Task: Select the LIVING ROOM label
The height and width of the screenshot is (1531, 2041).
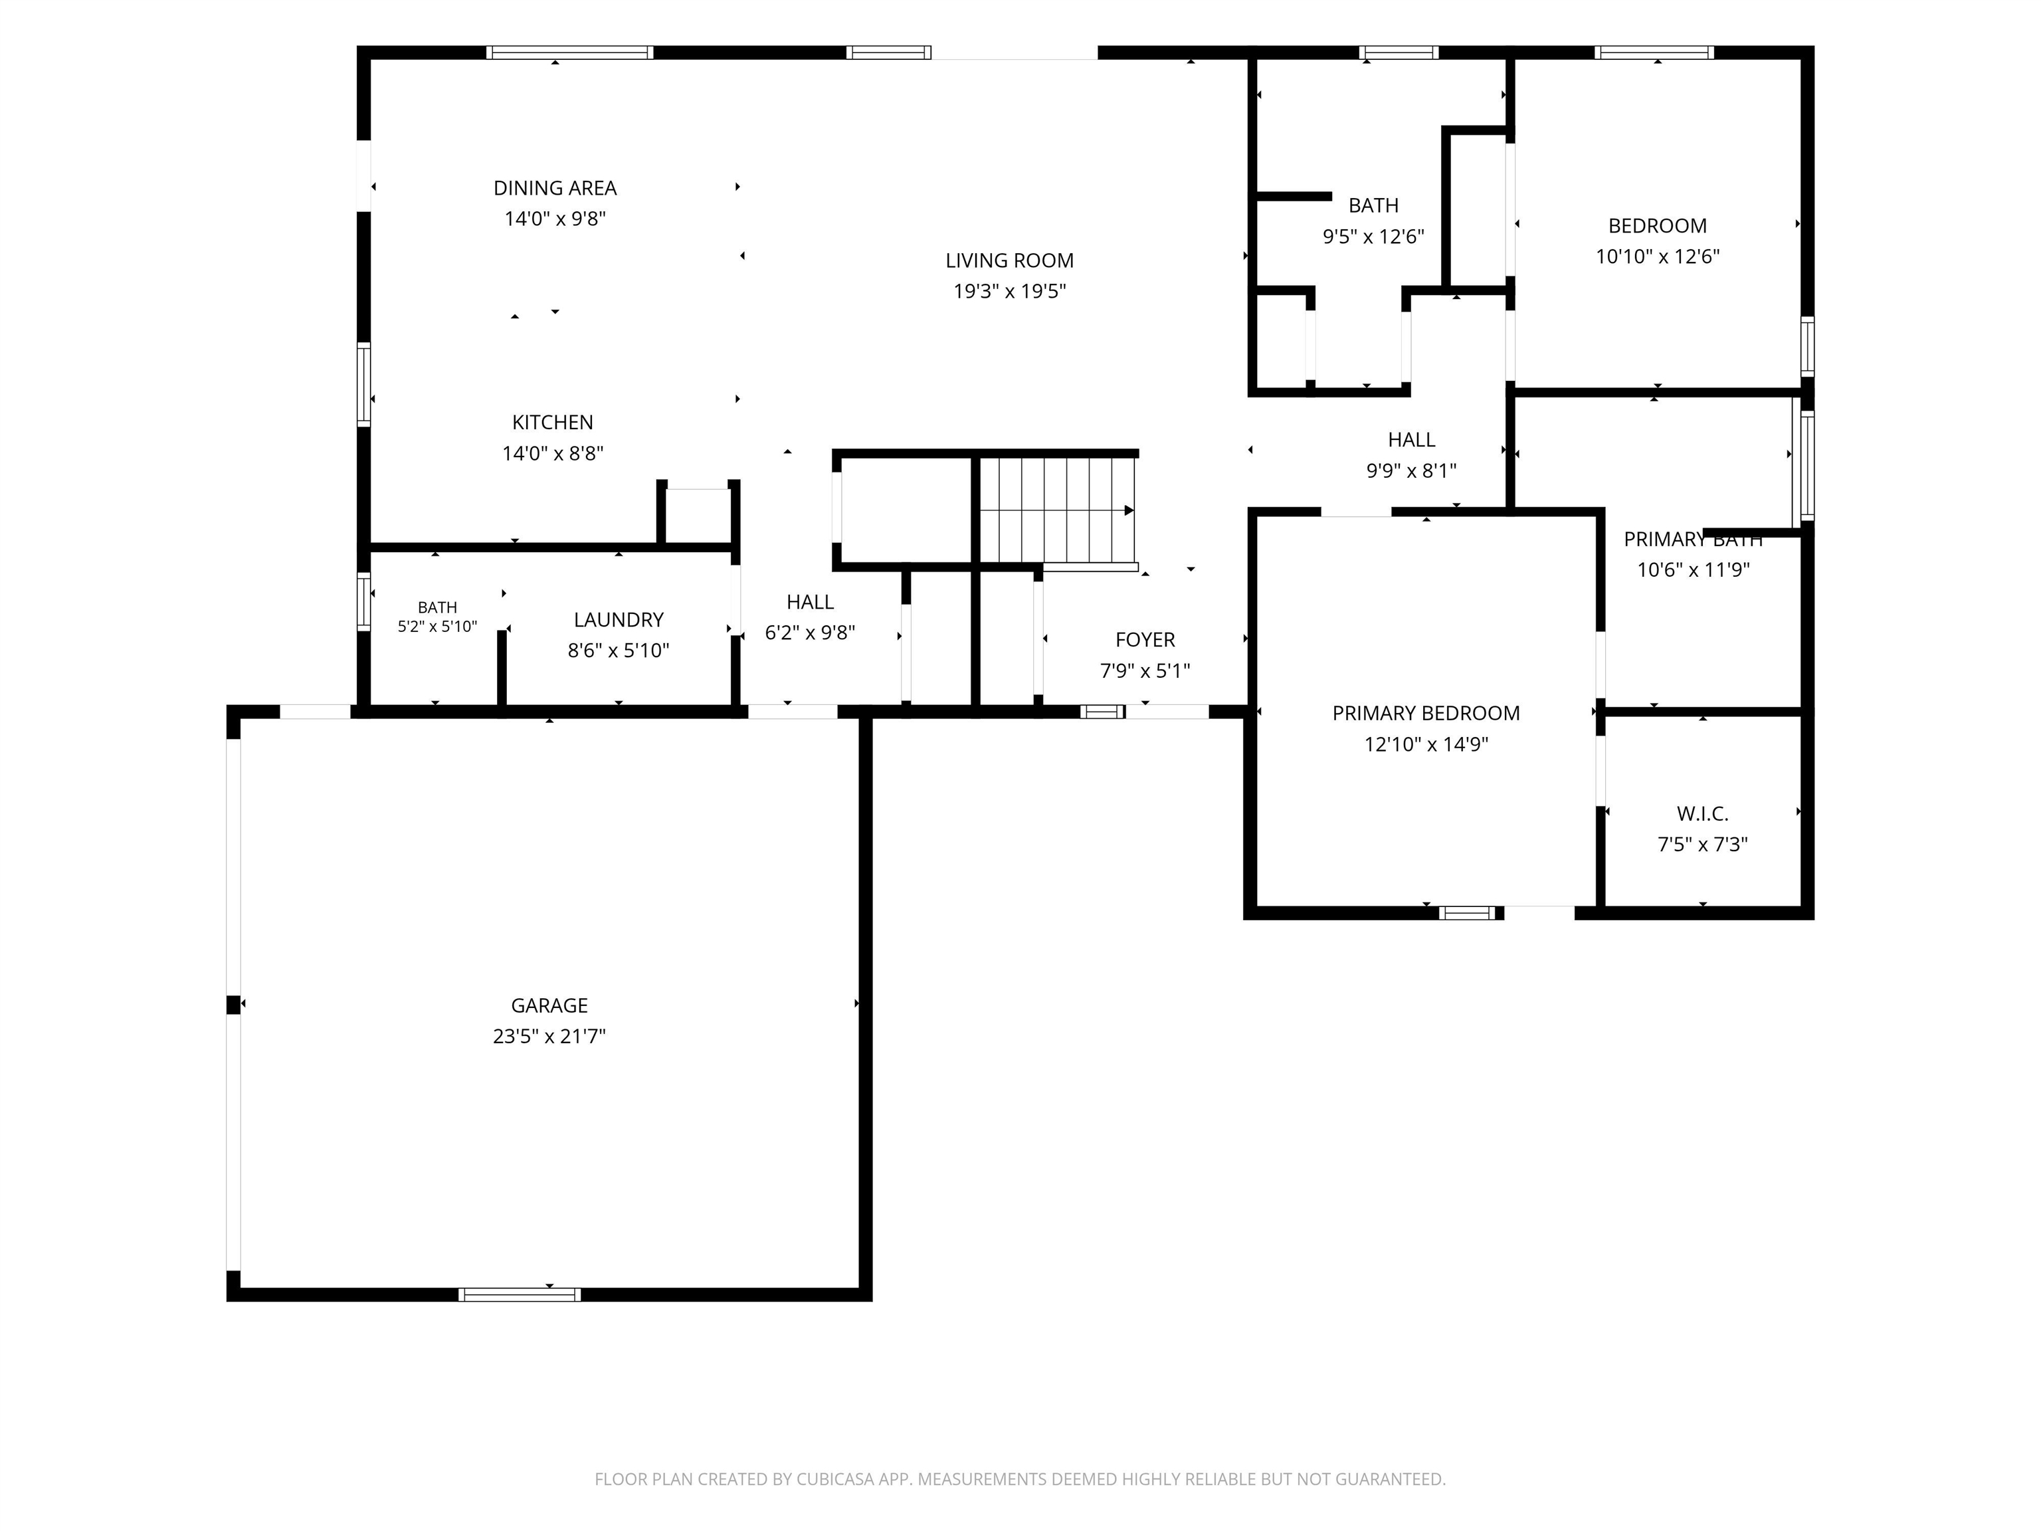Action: tap(1009, 260)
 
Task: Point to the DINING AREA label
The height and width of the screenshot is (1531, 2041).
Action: tap(555, 188)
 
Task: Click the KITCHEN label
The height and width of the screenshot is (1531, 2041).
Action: tap(553, 423)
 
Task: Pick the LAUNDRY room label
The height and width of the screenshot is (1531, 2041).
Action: tap(618, 620)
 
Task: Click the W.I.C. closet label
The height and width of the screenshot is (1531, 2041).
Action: tap(1702, 814)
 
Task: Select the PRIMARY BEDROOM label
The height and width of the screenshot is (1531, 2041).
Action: tap(1426, 714)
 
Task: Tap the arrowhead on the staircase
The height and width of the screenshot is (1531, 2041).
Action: tap(1129, 510)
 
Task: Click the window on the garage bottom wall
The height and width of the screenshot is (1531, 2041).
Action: tap(520, 1294)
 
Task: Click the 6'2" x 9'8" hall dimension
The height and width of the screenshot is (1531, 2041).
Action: tap(810, 632)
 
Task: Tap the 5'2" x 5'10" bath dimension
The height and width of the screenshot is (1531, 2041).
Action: tap(437, 627)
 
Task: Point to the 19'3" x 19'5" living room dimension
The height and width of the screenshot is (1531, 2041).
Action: tap(1009, 292)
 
